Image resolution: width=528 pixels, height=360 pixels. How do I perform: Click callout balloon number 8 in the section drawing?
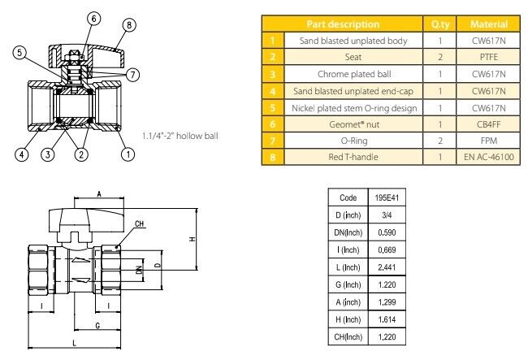pyautogui.click(x=128, y=25)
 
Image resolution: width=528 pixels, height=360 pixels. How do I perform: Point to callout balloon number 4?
pyautogui.click(x=24, y=153)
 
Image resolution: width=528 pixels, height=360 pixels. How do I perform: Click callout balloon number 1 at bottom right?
pyautogui.click(x=128, y=153)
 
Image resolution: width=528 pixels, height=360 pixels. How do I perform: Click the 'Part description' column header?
pyautogui.click(x=350, y=24)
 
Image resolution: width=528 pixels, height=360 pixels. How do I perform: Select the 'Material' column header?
pyautogui.click(x=491, y=24)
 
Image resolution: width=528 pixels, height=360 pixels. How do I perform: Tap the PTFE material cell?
pyautogui.click(x=491, y=57)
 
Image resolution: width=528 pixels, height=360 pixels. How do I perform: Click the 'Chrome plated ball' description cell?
pyautogui.click(x=350, y=74)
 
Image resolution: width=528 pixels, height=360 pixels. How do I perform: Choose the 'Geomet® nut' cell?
pyautogui.click(x=350, y=124)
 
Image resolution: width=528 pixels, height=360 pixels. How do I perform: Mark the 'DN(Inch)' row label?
pyautogui.click(x=348, y=232)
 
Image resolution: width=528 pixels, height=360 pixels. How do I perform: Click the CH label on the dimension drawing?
pyautogui.click(x=139, y=223)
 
